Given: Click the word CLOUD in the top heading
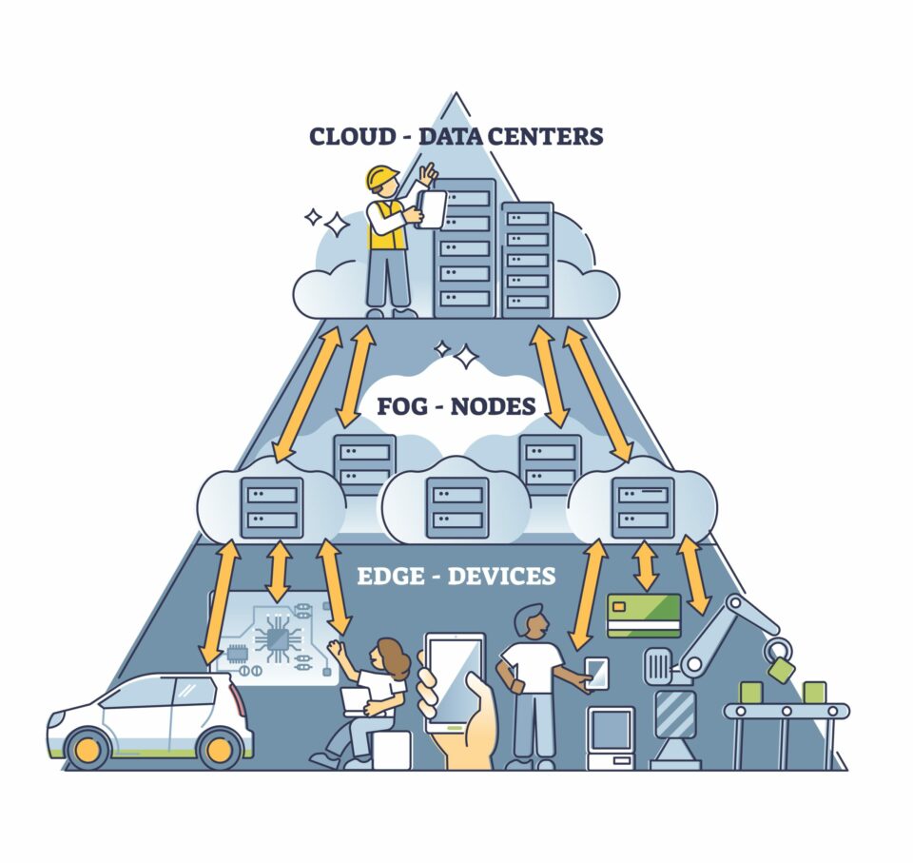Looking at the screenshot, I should (x=350, y=135).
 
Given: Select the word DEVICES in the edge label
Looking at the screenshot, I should (x=501, y=576).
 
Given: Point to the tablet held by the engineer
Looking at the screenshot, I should (x=431, y=208).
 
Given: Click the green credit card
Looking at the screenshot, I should (x=644, y=615).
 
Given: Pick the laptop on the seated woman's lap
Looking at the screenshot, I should (x=356, y=700).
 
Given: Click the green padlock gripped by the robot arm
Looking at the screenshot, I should (x=781, y=668).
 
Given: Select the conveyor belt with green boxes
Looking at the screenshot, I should (x=787, y=711).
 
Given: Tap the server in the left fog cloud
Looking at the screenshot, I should (x=272, y=507).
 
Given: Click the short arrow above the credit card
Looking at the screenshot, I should (x=647, y=565).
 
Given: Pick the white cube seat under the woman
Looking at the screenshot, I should (x=391, y=750).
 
